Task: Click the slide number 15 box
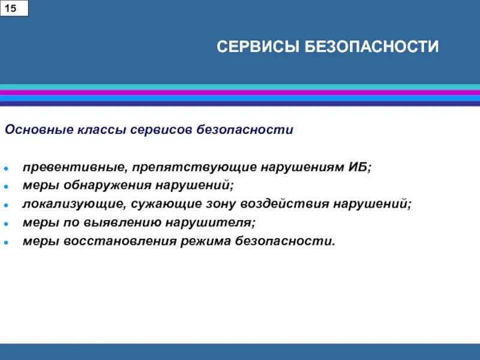click(14, 8)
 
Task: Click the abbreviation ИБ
click(358, 166)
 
